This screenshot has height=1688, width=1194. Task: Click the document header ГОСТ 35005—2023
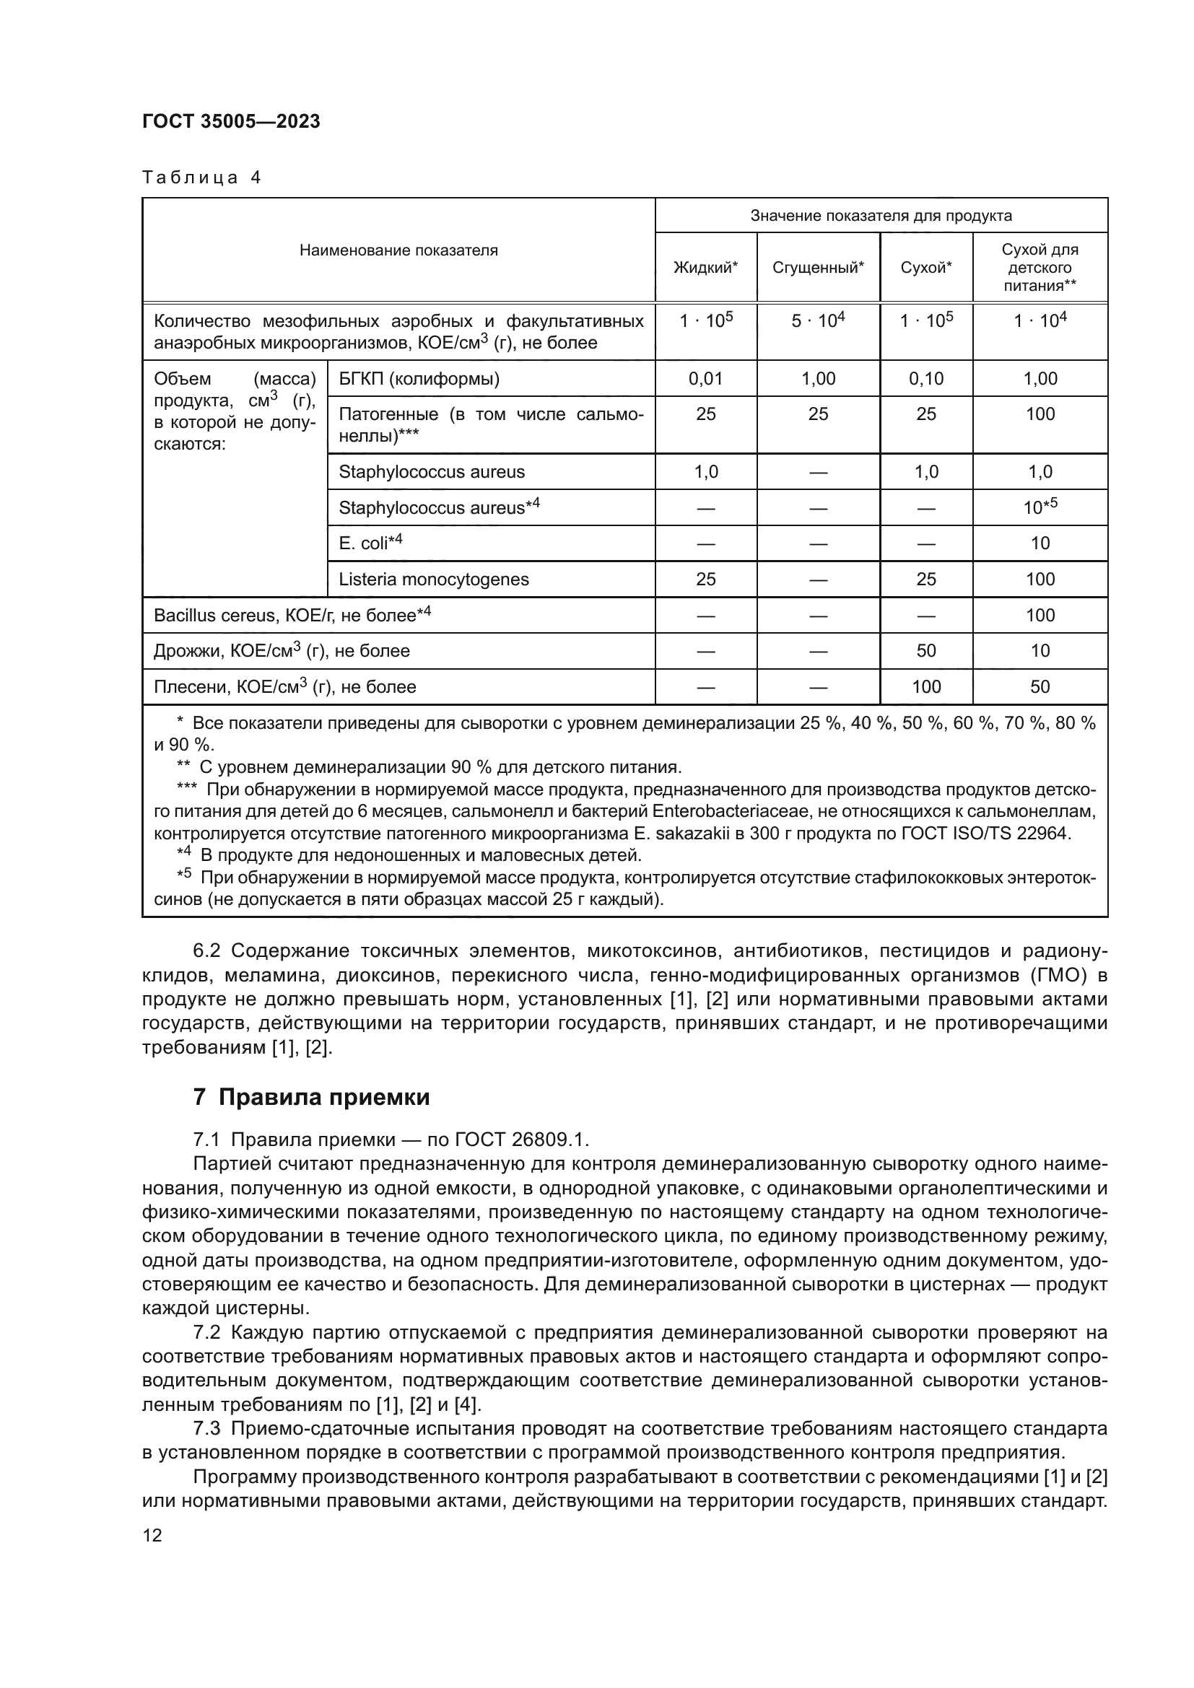pyautogui.click(x=231, y=121)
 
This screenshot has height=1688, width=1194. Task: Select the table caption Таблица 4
pyautogui.click(x=201, y=178)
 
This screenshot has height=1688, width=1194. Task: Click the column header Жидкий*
pyautogui.click(x=705, y=268)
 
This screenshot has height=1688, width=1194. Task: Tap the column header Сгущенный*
pyautogui.click(x=818, y=268)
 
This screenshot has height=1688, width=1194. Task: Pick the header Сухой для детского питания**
pyautogui.click(x=1040, y=268)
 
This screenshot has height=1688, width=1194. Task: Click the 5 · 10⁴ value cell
pyautogui.click(x=818, y=320)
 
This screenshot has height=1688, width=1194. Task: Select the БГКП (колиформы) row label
pyautogui.click(x=419, y=380)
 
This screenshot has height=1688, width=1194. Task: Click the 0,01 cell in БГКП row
pyautogui.click(x=705, y=380)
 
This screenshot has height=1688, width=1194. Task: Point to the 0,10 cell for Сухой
pyautogui.click(x=925, y=380)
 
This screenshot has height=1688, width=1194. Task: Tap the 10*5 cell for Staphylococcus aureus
pyautogui.click(x=1040, y=507)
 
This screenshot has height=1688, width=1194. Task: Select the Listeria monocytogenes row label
pyautogui.click(x=434, y=580)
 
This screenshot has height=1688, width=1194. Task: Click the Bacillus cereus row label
pyautogui.click(x=292, y=616)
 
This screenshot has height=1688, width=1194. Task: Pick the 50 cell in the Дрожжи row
pyautogui.click(x=925, y=651)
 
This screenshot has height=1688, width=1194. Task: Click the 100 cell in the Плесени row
pyautogui.click(x=925, y=686)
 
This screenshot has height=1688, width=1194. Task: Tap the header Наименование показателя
pyautogui.click(x=398, y=250)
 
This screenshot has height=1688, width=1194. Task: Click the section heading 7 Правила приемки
pyautogui.click(x=311, y=1098)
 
